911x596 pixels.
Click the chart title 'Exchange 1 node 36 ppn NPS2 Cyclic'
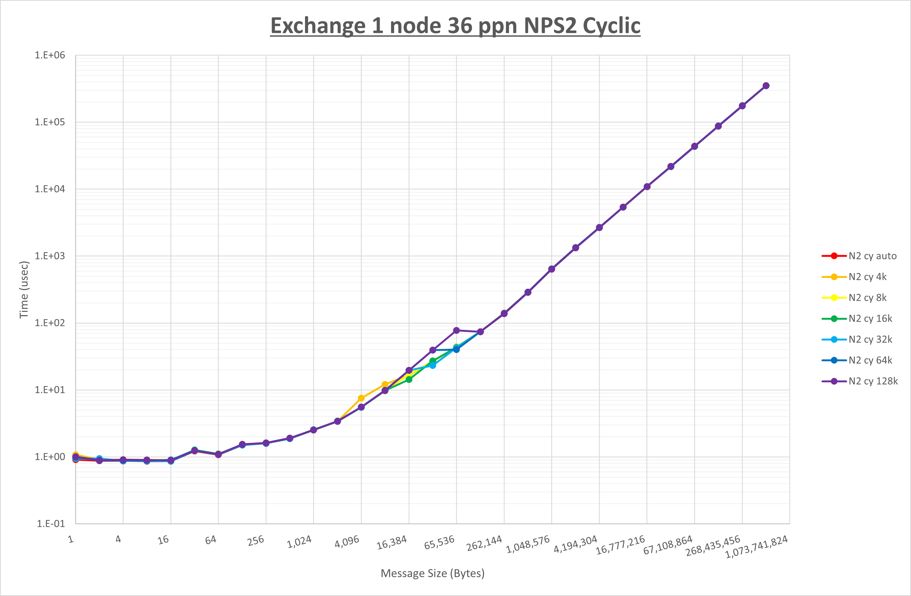click(x=455, y=26)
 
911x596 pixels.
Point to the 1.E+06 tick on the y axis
click(x=50, y=55)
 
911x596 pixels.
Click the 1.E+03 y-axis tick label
click(x=50, y=256)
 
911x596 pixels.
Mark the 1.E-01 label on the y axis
click(x=50, y=524)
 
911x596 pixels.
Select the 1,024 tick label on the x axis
click(x=300, y=541)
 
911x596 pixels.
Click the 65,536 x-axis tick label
click(x=439, y=542)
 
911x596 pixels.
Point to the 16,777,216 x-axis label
click(x=620, y=545)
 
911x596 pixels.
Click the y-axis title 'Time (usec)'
click(x=24, y=290)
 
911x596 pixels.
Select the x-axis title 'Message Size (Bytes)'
click(x=433, y=573)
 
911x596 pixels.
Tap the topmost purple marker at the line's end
click(x=766, y=86)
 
